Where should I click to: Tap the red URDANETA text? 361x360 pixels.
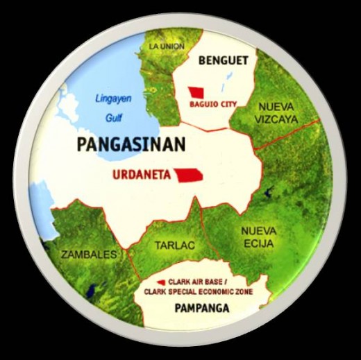click(x=142, y=175)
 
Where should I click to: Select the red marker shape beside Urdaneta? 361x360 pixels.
click(x=190, y=175)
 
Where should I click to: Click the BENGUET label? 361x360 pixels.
click(x=223, y=61)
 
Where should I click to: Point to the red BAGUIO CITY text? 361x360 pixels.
click(x=213, y=105)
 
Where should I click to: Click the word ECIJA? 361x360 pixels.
click(x=258, y=243)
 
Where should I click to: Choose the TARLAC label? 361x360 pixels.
click(x=174, y=246)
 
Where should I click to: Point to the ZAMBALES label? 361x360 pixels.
click(x=89, y=255)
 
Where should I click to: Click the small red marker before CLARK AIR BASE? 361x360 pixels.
click(x=160, y=282)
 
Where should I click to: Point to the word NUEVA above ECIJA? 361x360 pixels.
click(x=259, y=231)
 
